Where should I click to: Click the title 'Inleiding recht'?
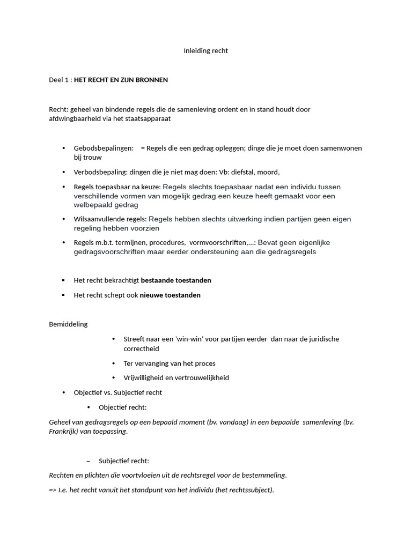[205, 50]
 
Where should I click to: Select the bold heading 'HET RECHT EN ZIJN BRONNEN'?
[121, 80]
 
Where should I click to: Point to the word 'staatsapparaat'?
[148, 118]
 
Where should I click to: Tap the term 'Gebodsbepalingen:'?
[104, 148]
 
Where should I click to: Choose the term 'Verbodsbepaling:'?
[100, 172]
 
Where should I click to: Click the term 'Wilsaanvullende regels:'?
[110, 219]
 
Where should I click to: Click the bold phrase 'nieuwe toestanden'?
[170, 295]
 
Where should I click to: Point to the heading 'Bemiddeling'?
[68, 324]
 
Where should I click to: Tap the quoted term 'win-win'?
[190, 339]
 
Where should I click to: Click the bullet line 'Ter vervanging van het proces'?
[169, 363]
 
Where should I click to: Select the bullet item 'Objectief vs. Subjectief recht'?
[117, 392]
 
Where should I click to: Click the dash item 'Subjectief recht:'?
[123, 461]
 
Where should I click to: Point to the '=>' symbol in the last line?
[53, 489]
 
